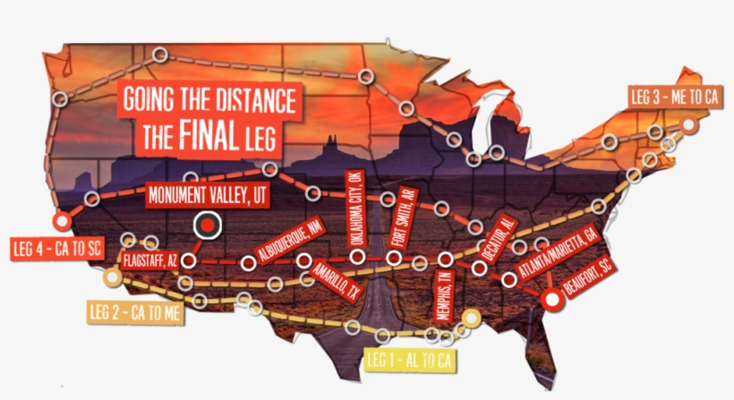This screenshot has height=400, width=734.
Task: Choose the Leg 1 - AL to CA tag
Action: pos(411,360)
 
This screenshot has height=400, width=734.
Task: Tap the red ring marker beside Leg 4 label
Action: pos(61,220)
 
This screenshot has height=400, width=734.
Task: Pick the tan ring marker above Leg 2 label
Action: pos(112,277)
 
